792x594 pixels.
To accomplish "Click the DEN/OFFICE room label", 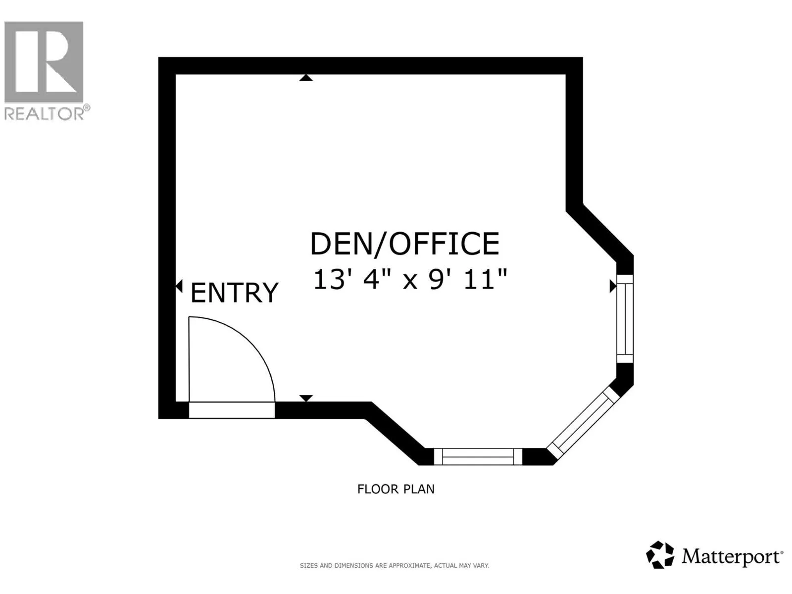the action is coord(404,244).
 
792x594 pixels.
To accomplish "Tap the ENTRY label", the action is coord(234,293).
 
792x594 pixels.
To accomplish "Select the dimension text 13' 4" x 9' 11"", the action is coord(410,279).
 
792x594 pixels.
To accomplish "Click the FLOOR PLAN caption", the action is coord(396,489).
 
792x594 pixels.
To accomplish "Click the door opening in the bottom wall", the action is coord(232,410).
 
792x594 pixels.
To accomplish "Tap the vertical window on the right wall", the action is coord(625,319).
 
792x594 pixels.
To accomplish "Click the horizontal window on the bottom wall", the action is coord(478,456).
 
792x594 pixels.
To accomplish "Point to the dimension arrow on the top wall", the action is coord(306,78).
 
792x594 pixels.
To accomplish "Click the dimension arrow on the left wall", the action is coord(179,287).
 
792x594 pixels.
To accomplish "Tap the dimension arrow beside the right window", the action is coord(613,287).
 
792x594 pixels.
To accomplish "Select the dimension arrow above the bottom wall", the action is coord(306,398).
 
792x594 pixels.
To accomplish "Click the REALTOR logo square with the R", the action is coord(44,62).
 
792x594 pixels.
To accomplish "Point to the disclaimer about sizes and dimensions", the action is coord(395,566).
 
